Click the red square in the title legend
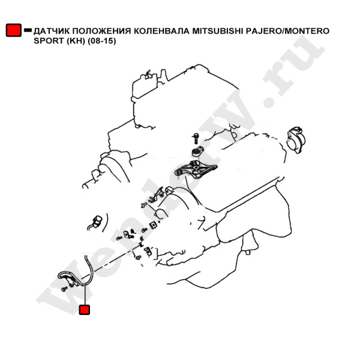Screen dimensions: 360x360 click(14, 30)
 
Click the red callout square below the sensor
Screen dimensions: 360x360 click(85, 310)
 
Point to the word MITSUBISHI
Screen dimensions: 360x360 click(218, 31)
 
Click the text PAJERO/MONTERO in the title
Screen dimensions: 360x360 click(288, 31)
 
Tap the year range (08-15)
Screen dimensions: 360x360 click(102, 41)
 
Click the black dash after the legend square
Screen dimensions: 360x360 click(28, 30)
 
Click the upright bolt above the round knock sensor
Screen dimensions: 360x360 click(196, 139)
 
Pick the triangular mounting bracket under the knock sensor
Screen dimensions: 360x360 click(196, 169)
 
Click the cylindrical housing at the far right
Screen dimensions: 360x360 click(296, 140)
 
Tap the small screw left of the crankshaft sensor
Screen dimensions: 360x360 click(65, 289)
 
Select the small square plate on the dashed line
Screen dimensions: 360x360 click(152, 226)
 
